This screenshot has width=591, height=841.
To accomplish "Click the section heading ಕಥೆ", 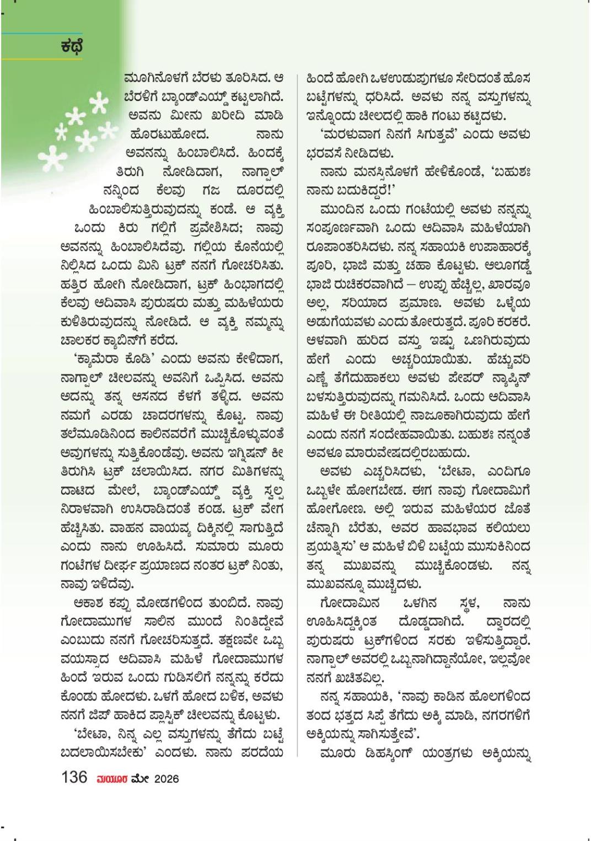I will (72, 47).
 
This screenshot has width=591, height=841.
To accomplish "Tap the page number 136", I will (74, 778).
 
